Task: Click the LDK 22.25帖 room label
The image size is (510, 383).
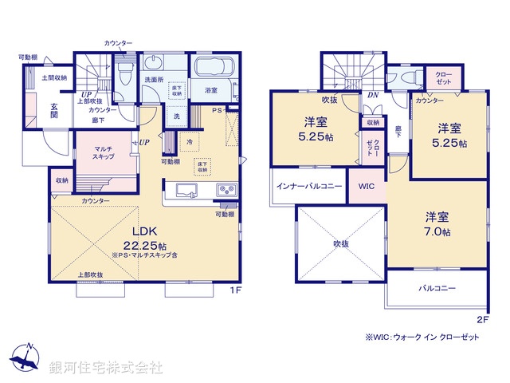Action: (x=147, y=236)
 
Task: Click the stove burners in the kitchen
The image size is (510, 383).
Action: (x=226, y=191)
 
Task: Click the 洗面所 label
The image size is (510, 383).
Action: (x=154, y=80)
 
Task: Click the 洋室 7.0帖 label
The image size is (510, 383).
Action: (x=437, y=224)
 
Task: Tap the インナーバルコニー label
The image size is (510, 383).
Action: (x=309, y=186)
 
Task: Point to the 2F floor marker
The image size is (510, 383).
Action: (x=481, y=318)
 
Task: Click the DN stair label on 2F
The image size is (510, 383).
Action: (x=372, y=96)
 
